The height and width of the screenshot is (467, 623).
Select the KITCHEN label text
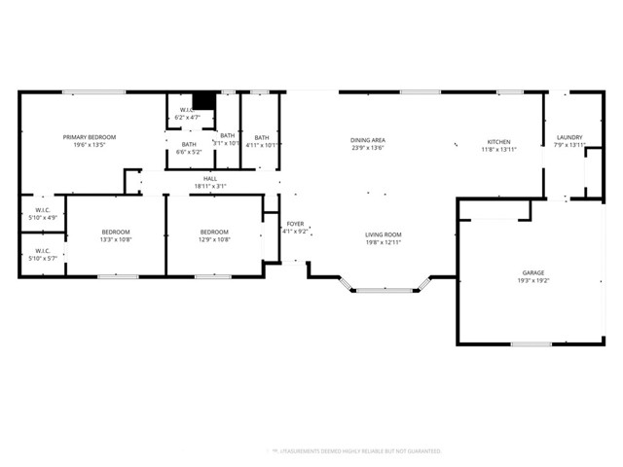pos(497,141)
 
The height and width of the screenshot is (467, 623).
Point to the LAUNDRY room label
pos(568,137)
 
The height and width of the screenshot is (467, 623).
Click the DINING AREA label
pos(368,141)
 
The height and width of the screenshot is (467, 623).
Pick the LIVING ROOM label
pos(384,234)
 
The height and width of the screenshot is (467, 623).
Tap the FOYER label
pos(295,224)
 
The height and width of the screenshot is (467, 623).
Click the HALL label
pos(210,178)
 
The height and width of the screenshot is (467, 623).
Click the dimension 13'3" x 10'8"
pos(116,239)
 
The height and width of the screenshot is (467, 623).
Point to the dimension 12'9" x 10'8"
pos(214,239)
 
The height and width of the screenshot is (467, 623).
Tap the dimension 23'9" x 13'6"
pos(368,149)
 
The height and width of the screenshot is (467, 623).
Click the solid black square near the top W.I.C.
pos(203,101)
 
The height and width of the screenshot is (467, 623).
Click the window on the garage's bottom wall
pos(531,343)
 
